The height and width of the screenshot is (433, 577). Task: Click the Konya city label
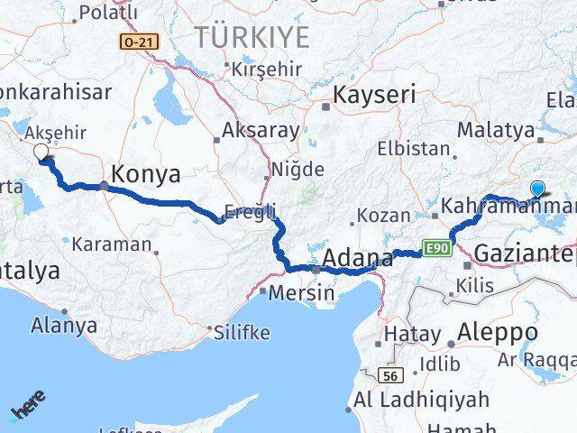point(145,174)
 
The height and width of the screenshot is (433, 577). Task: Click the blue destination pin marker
point(538,189)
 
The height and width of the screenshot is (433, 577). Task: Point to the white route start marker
point(41,152)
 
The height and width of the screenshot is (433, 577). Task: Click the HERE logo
point(27,407)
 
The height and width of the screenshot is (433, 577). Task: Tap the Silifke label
point(243,332)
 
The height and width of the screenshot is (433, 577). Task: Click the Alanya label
point(63,324)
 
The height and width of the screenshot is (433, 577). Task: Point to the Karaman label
point(112,244)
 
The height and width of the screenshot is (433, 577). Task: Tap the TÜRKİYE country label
point(252,37)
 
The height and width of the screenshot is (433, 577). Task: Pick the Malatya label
point(495,130)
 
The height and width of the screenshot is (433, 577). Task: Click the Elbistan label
point(414,149)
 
